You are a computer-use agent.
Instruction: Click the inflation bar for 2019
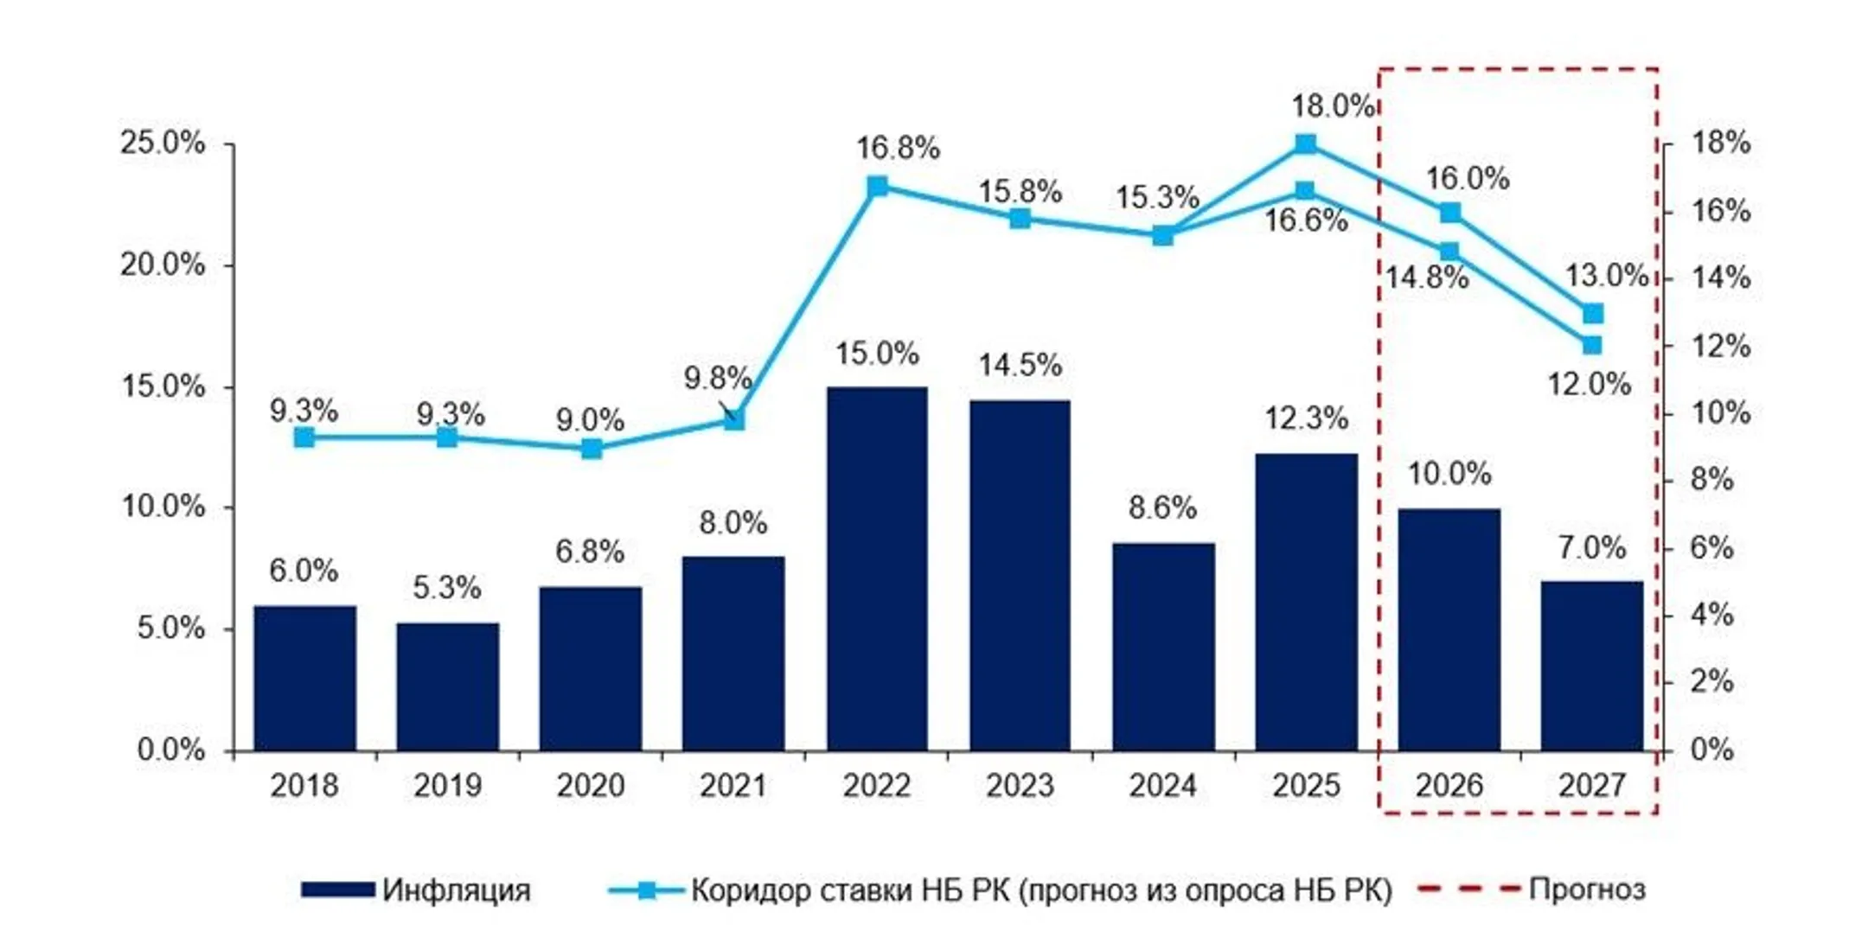coord(447,686)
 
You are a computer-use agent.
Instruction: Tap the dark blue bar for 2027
coord(1592,666)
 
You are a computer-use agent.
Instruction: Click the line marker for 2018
coord(304,437)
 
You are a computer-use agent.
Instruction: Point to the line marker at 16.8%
coord(877,187)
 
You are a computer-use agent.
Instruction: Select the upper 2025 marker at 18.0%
coord(1306,144)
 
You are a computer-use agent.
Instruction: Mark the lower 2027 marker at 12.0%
coord(1592,345)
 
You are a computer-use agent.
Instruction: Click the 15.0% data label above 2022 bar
coord(877,354)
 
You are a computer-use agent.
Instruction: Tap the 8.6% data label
coord(1162,507)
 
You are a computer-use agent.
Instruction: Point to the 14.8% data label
coord(1427,278)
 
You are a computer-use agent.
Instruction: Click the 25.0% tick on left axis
coord(163,143)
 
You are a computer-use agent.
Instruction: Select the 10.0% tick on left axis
coord(163,507)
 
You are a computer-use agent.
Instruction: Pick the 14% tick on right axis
coord(1720,278)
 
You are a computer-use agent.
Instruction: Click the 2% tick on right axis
coord(1711,682)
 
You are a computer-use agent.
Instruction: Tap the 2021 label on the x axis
coord(733,786)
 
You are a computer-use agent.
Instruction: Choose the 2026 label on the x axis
coord(1449,786)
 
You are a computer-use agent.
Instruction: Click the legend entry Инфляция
coord(456,890)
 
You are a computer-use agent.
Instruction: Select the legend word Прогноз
coord(1586,889)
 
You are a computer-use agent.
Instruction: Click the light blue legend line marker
coord(646,890)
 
